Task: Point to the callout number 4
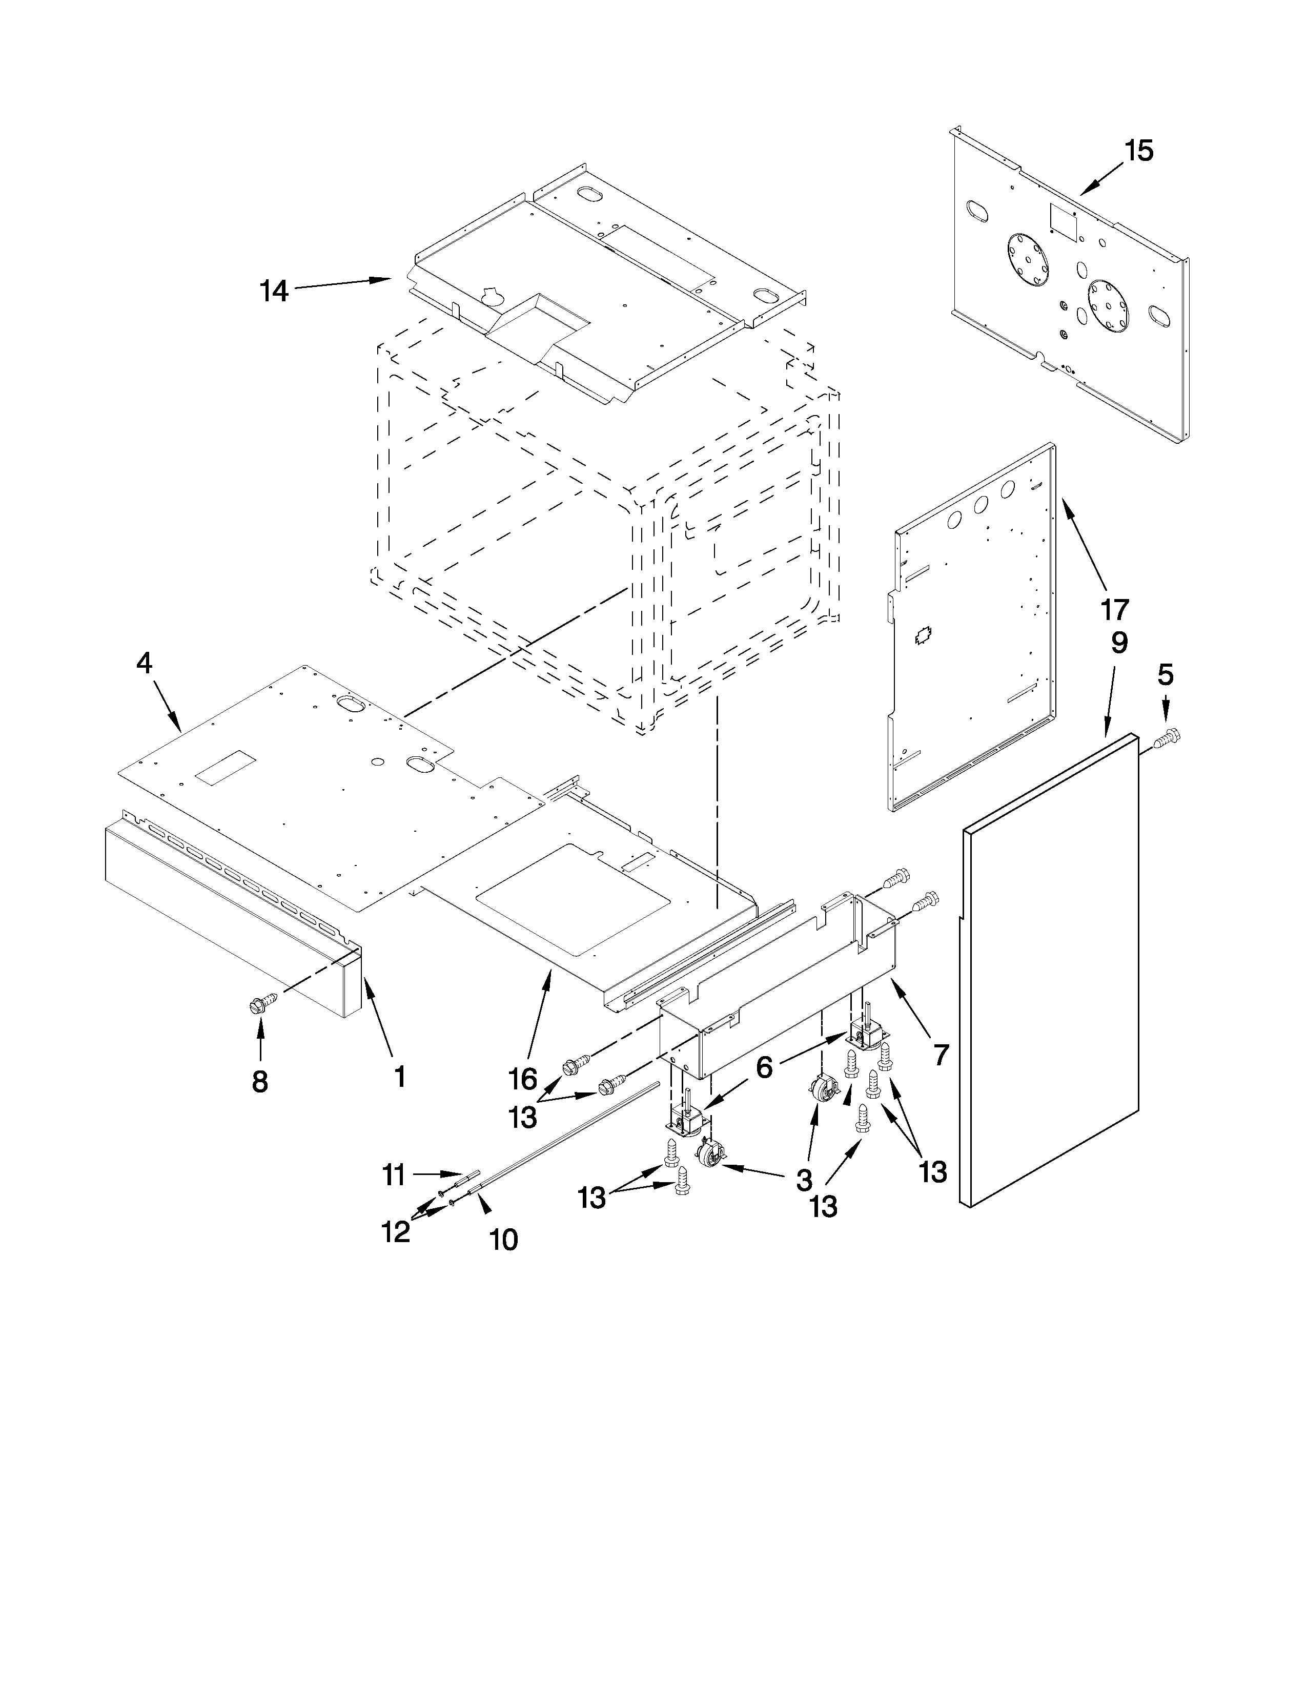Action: (x=144, y=663)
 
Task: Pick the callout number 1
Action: (x=400, y=1076)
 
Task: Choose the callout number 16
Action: (x=523, y=1079)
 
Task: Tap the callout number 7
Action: (x=940, y=1055)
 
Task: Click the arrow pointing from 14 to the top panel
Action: (x=342, y=283)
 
